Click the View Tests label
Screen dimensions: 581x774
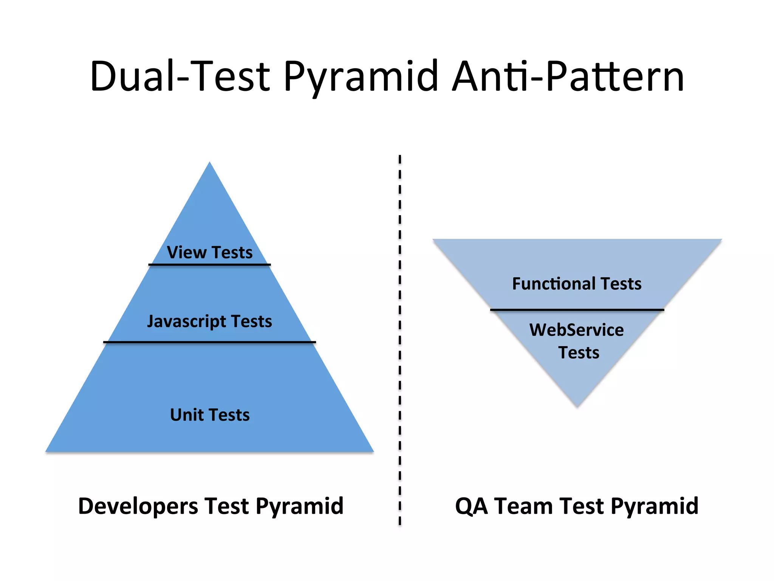point(210,252)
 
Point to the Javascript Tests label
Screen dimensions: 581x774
point(209,322)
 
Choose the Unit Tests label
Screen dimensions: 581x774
point(210,415)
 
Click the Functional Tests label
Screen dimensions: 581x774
point(577,284)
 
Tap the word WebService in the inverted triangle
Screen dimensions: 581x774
point(576,330)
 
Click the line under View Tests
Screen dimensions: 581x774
point(209,264)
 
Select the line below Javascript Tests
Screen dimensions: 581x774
point(209,342)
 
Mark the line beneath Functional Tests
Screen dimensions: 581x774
point(577,310)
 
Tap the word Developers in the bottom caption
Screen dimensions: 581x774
point(138,506)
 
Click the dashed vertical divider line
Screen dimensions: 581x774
point(400,340)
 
